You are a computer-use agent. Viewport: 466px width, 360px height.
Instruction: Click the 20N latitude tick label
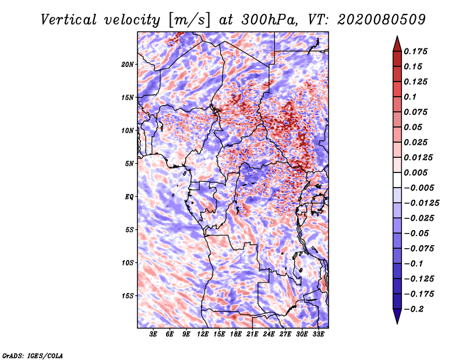128,64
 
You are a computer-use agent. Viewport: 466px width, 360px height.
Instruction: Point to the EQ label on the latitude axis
129,197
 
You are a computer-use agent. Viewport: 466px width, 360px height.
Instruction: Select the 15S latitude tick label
128,296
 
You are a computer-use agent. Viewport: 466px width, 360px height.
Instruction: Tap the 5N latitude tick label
129,164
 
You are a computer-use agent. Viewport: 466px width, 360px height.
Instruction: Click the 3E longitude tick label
154,334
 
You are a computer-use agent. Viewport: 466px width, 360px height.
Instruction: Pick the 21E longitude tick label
252,334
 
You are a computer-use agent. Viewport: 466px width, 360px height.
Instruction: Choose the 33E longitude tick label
318,334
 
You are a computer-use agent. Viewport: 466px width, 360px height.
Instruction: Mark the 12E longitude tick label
203,334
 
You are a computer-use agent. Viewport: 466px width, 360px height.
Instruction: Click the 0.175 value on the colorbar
418,52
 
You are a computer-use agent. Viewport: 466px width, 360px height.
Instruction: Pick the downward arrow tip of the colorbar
397,322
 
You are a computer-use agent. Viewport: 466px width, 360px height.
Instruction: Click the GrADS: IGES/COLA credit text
32,355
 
